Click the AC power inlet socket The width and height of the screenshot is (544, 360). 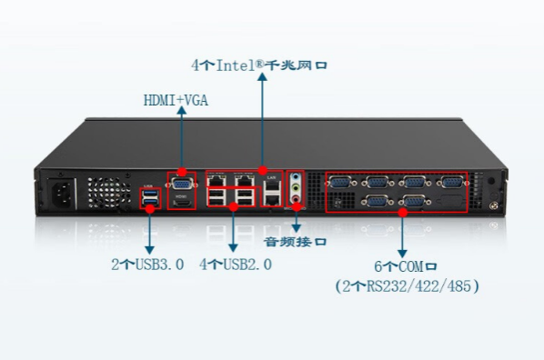coord(64,194)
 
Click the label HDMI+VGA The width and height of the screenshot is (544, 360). coord(176,100)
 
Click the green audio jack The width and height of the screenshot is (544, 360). coord(296,192)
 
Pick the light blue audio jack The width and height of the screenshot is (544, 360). coord(296,179)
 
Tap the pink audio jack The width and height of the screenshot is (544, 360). coord(296,205)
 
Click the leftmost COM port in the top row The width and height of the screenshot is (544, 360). coord(341,182)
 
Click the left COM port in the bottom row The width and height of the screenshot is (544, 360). coord(376,202)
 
